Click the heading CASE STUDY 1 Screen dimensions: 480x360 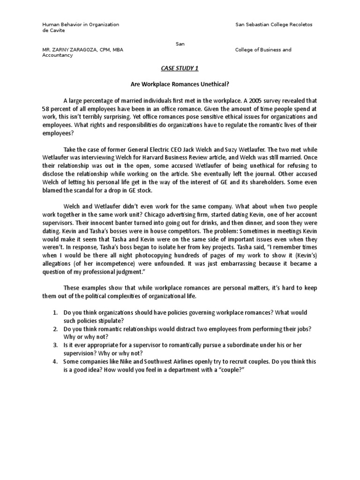point(180,68)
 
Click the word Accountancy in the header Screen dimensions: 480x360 point(58,55)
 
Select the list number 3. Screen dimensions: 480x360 point(55,345)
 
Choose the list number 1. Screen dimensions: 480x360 point(55,313)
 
